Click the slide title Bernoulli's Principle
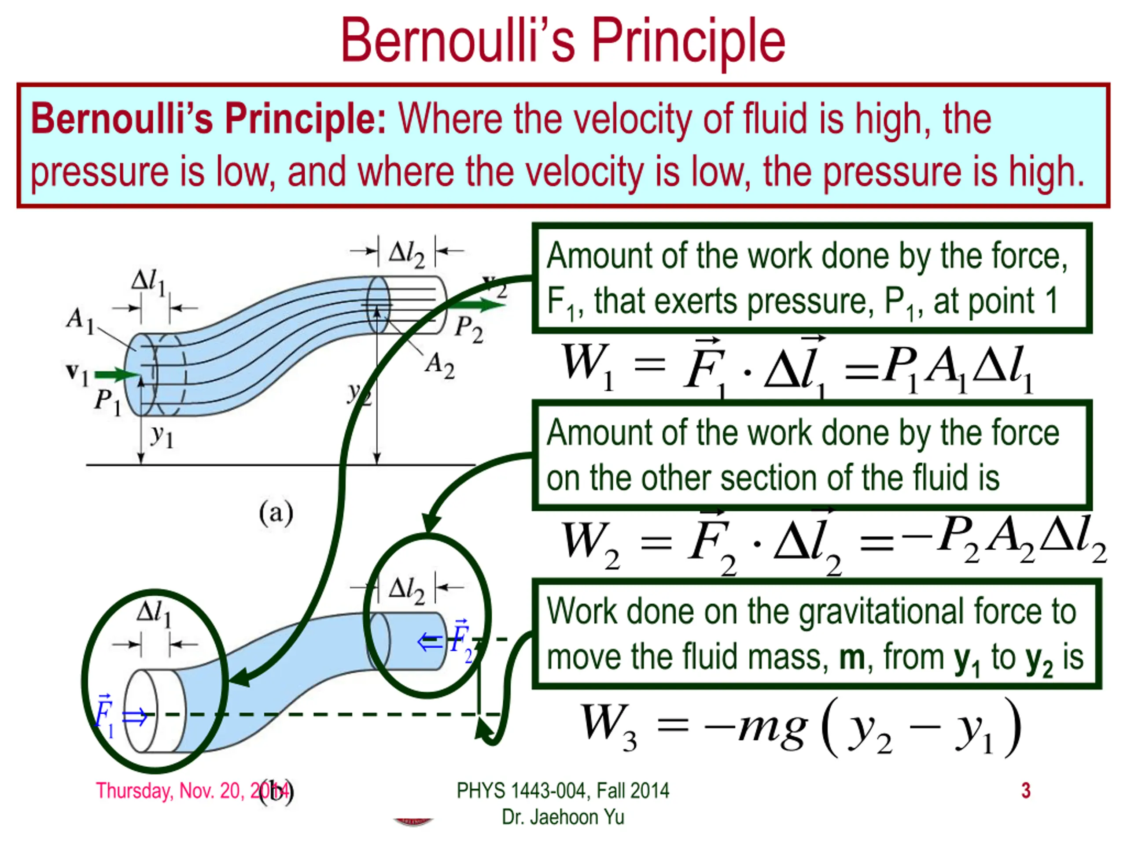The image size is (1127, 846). pyautogui.click(x=563, y=41)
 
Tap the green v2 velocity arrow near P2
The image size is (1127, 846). pyautogui.click(x=476, y=305)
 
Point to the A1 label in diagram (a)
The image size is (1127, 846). pyautogui.click(x=81, y=320)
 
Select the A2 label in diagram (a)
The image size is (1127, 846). pyautogui.click(x=439, y=366)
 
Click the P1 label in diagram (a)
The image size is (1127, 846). pyautogui.click(x=107, y=402)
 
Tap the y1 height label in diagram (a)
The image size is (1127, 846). pyautogui.click(x=162, y=436)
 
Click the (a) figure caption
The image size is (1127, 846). pyautogui.click(x=276, y=512)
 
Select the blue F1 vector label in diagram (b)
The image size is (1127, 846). pyautogui.click(x=105, y=715)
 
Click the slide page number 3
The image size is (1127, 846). pyautogui.click(x=1026, y=790)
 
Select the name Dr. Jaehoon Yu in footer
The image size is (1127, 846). pyautogui.click(x=563, y=817)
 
